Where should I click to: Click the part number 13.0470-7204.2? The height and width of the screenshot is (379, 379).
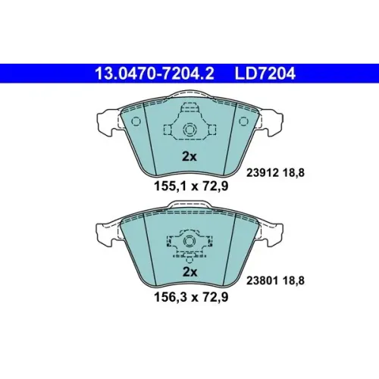[x=155, y=74]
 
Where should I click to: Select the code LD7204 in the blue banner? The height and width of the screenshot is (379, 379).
[x=265, y=74]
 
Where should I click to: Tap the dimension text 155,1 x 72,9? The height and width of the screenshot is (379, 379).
[x=191, y=186]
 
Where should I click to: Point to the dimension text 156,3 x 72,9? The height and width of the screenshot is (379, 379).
[x=191, y=297]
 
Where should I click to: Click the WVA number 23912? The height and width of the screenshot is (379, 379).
[x=262, y=173]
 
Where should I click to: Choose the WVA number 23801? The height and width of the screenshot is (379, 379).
[x=262, y=280]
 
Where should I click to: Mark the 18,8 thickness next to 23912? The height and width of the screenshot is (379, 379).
[x=293, y=173]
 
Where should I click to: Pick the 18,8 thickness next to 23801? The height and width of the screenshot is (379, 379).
[x=293, y=280]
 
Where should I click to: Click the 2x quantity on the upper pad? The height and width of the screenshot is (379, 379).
[x=189, y=157]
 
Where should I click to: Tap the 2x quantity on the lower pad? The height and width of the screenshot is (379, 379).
[x=189, y=272]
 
